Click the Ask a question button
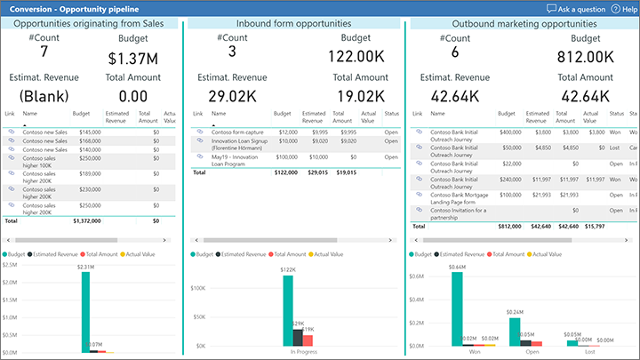pos(578,8)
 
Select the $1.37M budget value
pos(132,58)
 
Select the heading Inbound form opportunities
pos(293,23)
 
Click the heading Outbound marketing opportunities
pos(524,23)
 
